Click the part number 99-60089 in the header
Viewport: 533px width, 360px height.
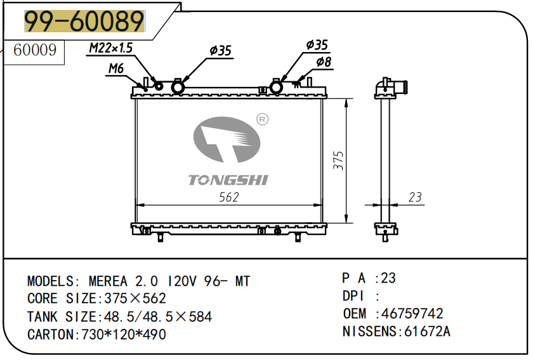click(84, 21)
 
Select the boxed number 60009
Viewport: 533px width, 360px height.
click(35, 50)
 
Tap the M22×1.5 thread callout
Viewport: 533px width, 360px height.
click(111, 48)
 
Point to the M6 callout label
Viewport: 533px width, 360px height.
click(116, 69)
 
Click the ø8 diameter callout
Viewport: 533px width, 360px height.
click(324, 62)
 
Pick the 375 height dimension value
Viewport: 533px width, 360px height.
click(338, 161)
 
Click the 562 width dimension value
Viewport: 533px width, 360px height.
click(229, 197)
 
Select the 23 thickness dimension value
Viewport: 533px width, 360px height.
click(415, 197)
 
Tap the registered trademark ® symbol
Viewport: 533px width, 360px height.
click(262, 119)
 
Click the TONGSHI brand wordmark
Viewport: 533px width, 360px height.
click(228, 180)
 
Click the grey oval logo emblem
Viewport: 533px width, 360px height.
click(227, 140)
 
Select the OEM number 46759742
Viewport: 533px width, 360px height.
click(412, 314)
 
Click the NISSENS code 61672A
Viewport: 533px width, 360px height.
click(427, 331)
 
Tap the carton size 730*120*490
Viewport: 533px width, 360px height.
click(123, 335)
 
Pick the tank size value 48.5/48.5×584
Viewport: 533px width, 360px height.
click(158, 317)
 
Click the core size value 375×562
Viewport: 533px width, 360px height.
click(135, 298)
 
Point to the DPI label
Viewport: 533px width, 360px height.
click(353, 296)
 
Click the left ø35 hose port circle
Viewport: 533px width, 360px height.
click(178, 88)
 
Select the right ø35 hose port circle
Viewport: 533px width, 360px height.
click(276, 87)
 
